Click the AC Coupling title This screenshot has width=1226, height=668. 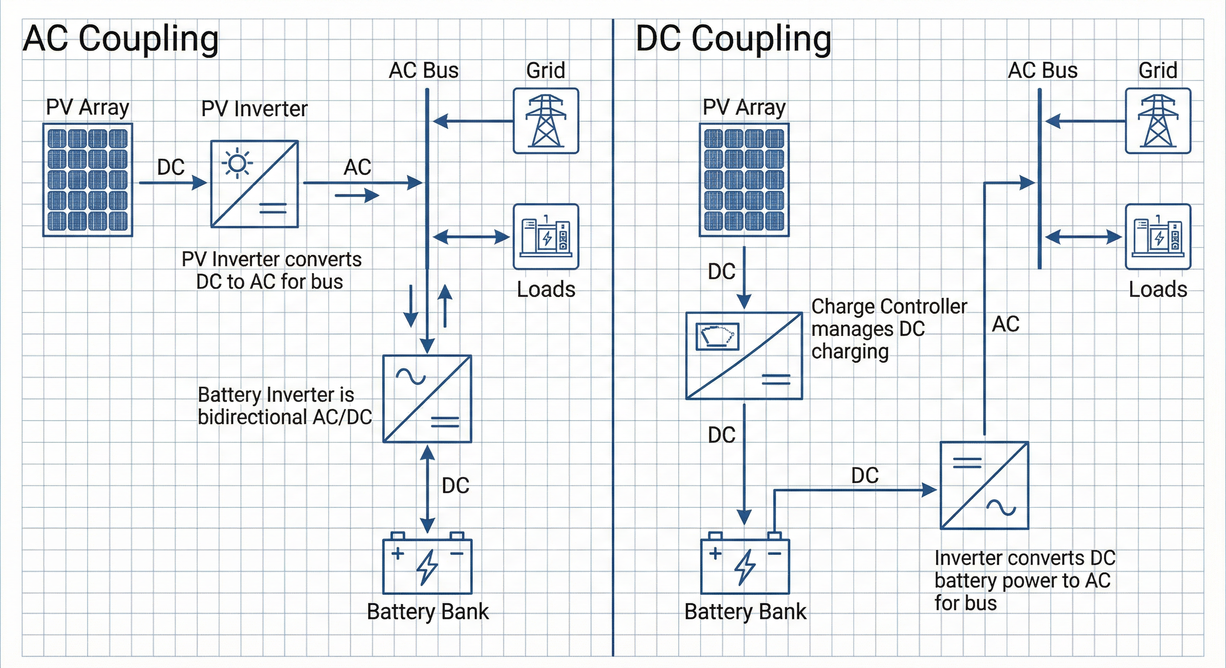[121, 39]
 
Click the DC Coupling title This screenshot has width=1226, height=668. [734, 39]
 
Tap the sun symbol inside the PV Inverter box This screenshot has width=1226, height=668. [237, 164]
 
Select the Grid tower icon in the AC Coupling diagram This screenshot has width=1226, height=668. [546, 121]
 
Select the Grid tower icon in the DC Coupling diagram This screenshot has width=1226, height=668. [1158, 121]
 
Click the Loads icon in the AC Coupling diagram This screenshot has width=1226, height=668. [546, 237]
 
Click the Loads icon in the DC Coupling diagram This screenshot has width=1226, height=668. [1158, 237]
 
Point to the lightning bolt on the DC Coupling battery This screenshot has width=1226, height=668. [745, 567]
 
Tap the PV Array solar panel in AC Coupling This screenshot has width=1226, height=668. [88, 180]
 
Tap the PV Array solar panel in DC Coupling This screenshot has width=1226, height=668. [744, 180]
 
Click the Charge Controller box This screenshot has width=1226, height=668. [744, 356]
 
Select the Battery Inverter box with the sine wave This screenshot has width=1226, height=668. [428, 398]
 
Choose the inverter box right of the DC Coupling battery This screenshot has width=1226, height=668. [984, 485]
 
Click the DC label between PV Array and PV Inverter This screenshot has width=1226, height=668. [171, 167]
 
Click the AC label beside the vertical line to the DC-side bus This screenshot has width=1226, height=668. [1005, 324]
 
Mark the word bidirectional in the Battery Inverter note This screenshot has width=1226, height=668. [252, 417]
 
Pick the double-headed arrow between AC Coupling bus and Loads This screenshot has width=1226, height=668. [471, 237]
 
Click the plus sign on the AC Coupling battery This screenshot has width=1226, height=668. [397, 554]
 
